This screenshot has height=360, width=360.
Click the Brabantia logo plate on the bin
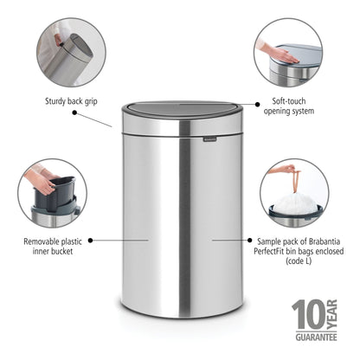click(209, 135)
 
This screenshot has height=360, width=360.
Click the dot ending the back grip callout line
click(113, 125)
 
